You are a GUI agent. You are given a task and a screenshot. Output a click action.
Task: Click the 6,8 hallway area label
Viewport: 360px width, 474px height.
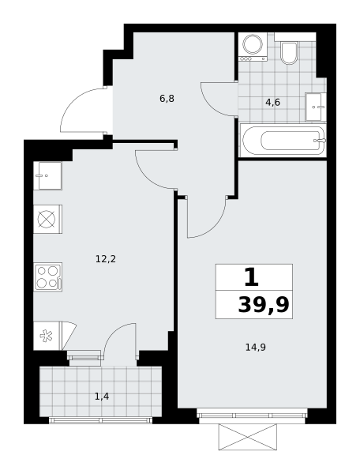pos(167,99)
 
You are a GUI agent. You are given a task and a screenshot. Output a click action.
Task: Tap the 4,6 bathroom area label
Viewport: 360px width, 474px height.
pos(272,103)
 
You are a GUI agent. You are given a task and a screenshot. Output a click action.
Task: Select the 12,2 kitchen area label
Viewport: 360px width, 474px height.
pos(106,259)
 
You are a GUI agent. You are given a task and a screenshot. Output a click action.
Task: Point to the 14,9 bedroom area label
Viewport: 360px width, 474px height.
pos(256,348)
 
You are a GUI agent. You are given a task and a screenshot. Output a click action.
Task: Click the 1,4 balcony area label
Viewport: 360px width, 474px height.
pos(102,397)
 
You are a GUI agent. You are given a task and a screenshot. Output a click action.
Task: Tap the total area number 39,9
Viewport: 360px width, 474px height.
pos(264,305)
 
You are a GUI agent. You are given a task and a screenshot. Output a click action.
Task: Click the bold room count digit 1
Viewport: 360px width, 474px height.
pos(252,277)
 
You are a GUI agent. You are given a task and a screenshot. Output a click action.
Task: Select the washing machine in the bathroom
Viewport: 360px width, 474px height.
pos(253,47)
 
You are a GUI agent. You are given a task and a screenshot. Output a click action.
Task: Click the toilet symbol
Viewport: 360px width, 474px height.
pos(289,53)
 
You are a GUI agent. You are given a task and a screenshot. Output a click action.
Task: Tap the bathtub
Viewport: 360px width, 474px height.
pos(283,141)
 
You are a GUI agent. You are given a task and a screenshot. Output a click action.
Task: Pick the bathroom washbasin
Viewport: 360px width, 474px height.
pos(316,107)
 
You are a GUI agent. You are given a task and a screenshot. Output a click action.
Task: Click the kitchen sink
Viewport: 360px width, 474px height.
pos(47,175)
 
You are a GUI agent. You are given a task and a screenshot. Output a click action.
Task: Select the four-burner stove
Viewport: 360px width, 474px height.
pos(47,277)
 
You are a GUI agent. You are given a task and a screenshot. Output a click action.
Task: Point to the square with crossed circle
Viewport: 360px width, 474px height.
pos(47,219)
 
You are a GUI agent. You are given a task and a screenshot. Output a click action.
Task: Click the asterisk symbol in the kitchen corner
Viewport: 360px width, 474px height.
pos(47,336)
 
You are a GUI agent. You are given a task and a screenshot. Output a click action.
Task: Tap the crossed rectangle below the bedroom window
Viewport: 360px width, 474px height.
pos(248,437)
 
